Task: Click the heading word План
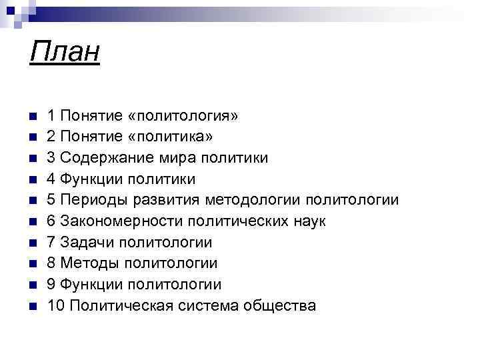(x=65, y=51)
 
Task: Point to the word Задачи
(x=83, y=243)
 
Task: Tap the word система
(x=212, y=306)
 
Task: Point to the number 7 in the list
(x=51, y=243)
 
